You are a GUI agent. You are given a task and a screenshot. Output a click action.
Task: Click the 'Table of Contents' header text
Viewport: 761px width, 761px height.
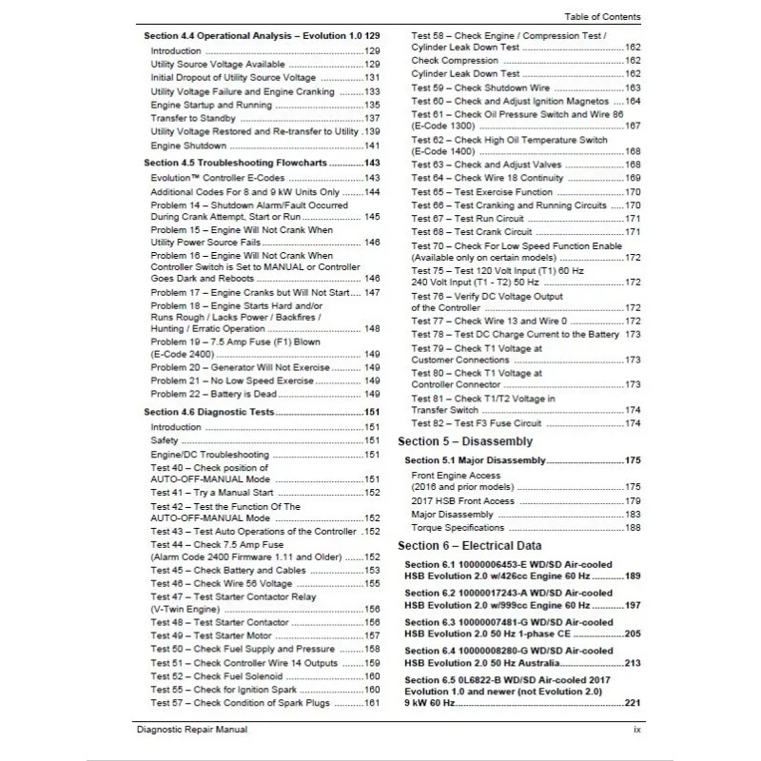[x=601, y=17]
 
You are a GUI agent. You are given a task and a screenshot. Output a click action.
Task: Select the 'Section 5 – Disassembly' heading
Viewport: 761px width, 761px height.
[x=465, y=441]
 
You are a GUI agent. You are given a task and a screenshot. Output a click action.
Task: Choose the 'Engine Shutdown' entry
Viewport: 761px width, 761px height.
[x=189, y=146]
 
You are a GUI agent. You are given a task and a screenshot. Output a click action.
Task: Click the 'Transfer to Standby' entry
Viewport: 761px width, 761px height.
[x=192, y=118]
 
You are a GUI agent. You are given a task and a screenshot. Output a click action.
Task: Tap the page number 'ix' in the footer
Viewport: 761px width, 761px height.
[x=636, y=730]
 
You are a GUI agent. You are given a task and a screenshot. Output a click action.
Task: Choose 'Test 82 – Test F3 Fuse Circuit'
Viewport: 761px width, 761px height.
[x=476, y=422]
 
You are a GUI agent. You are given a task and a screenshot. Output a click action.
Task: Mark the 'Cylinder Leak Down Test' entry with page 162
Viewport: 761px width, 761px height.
[x=465, y=73]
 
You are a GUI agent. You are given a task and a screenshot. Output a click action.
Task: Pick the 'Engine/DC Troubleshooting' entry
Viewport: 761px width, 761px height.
[x=210, y=455]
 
